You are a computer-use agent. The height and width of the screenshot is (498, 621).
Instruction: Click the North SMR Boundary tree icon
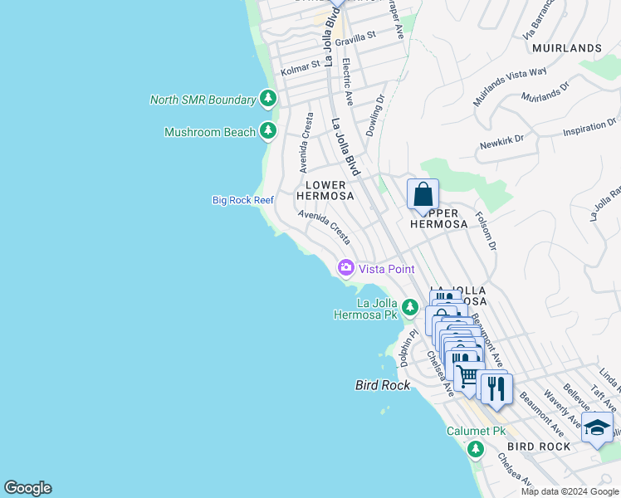pyautogui.click(x=267, y=100)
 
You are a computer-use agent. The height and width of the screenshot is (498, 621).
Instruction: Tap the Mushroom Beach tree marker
pyautogui.click(x=267, y=131)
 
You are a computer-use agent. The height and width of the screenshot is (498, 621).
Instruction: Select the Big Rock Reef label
pyautogui.click(x=242, y=200)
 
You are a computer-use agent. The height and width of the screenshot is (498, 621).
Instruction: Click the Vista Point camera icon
pyautogui.click(x=345, y=268)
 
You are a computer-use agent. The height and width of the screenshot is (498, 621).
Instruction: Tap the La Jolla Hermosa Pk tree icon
pyautogui.click(x=409, y=308)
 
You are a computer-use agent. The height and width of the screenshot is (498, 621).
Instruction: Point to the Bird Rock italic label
pyautogui.click(x=382, y=385)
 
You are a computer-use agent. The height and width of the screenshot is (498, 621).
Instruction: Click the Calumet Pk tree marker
pyautogui.click(x=475, y=449)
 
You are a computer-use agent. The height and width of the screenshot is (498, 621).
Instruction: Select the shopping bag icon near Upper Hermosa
pyautogui.click(x=423, y=195)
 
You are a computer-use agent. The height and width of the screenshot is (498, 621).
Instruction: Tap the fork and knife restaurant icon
pyautogui.click(x=496, y=388)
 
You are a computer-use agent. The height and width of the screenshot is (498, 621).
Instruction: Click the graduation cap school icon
pyautogui.click(x=596, y=427)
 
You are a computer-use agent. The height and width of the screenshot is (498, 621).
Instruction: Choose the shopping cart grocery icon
pyautogui.click(x=468, y=376)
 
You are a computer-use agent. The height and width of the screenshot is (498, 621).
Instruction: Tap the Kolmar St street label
pyautogui.click(x=300, y=66)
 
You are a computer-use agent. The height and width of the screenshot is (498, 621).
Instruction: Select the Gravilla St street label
pyautogui.click(x=356, y=38)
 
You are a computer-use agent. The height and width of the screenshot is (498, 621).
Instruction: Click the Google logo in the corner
pyautogui.click(x=27, y=488)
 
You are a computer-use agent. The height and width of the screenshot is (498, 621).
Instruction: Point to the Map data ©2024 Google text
pyautogui.click(x=569, y=491)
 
